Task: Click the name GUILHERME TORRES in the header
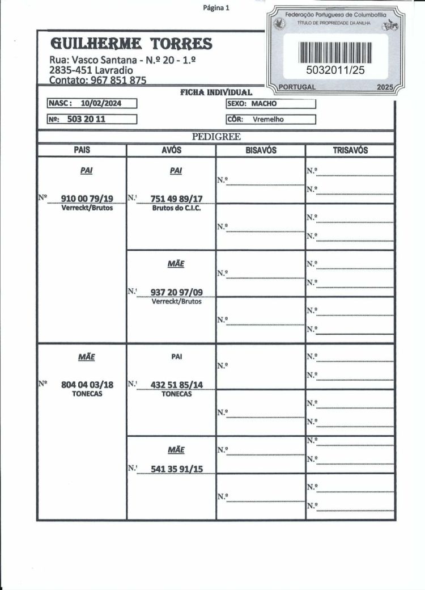click(x=131, y=43)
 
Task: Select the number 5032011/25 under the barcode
click(x=335, y=70)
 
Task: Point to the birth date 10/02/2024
click(x=101, y=103)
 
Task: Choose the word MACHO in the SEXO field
click(x=264, y=104)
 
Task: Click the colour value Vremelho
click(x=268, y=119)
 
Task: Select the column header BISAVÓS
click(x=261, y=150)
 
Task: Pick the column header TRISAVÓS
click(x=350, y=150)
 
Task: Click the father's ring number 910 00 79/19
click(x=87, y=198)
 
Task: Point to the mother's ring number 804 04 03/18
click(x=87, y=385)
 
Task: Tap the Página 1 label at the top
click(x=215, y=8)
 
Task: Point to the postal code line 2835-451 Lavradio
click(x=91, y=70)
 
